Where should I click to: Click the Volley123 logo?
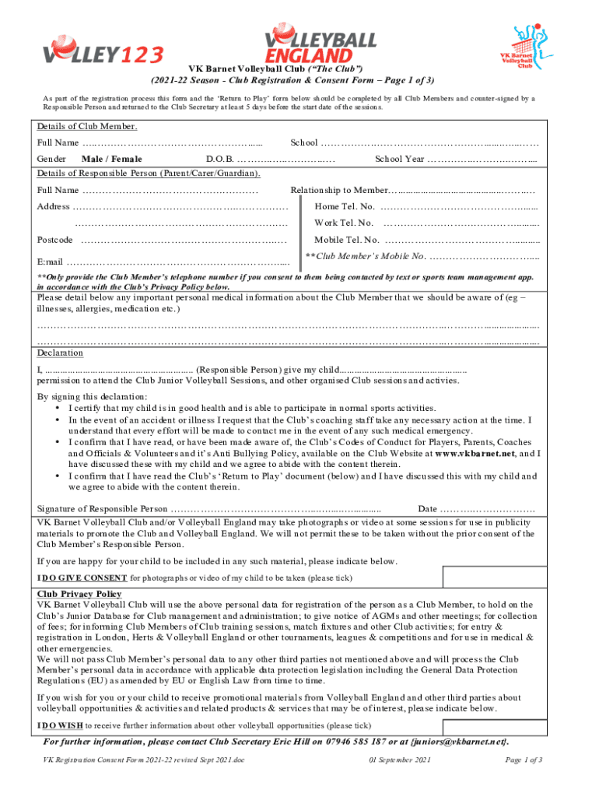103,53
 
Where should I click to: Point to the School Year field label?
399,160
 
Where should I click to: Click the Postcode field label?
55,240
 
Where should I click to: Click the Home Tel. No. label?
345,206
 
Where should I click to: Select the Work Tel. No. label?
345,223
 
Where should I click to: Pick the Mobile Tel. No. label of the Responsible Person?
347,240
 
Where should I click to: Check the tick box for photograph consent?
492,577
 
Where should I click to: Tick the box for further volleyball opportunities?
492,725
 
